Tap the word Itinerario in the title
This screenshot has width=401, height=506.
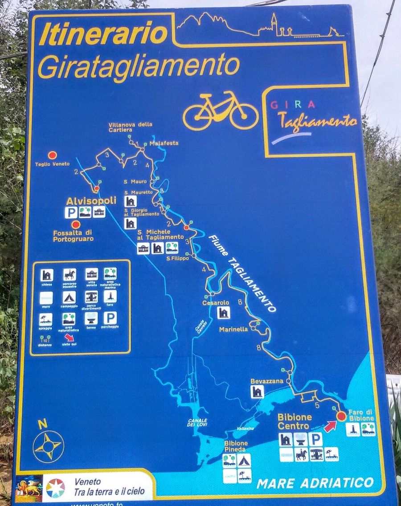[103, 35]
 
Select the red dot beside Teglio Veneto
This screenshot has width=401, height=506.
[53, 155]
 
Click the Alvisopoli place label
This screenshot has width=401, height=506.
[91, 201]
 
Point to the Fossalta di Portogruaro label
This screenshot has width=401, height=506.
[73, 236]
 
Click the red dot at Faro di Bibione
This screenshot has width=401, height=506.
[341, 416]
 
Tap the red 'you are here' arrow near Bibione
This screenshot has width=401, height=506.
[330, 426]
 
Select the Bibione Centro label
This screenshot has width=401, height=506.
[295, 421]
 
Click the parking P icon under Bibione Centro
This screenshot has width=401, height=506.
[315, 439]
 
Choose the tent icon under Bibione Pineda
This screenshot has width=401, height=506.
[244, 461]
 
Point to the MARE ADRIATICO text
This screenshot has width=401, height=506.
[315, 482]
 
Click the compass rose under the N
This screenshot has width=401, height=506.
[48, 446]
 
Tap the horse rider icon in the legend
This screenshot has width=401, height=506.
[70, 274]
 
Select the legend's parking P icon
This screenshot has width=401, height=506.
[110, 318]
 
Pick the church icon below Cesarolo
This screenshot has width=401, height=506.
[223, 313]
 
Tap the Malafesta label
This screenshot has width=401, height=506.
[164, 143]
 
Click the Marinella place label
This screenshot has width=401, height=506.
[233, 330]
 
